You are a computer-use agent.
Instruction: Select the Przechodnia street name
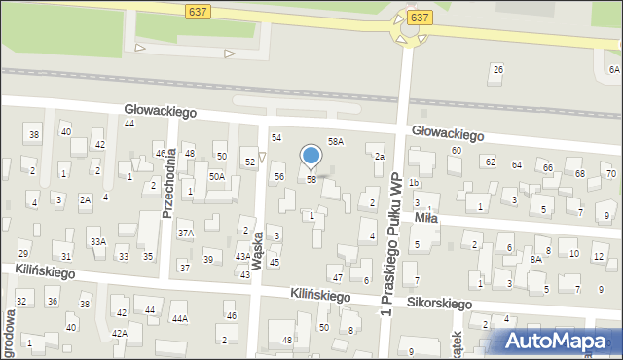point(169,182)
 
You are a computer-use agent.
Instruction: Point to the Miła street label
point(425,218)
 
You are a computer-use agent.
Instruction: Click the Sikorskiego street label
point(439,303)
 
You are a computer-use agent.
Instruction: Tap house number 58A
point(336,142)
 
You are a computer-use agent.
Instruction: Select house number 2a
point(380,157)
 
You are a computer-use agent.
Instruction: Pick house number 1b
point(414,183)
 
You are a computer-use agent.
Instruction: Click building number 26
point(497,69)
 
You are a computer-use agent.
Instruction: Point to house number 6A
point(614,69)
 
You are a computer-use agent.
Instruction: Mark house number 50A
point(217,176)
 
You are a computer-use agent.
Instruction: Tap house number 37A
point(185,234)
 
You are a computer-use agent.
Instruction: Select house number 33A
point(98,241)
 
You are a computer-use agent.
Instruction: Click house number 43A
point(243,257)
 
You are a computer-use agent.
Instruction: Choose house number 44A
point(179,318)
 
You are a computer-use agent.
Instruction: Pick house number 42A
point(119,333)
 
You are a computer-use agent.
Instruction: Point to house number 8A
point(535,259)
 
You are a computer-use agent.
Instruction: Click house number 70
point(610,173)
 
